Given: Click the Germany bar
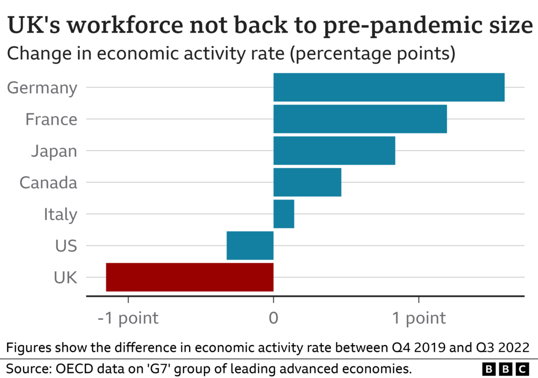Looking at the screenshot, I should click(389, 87).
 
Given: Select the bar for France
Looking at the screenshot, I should click(360, 119).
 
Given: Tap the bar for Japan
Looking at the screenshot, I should click(334, 150).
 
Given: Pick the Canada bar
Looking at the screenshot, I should click(307, 182).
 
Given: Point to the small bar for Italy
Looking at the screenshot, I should click(284, 214).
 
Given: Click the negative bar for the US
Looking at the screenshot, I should click(250, 245).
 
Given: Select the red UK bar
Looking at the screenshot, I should click(190, 277).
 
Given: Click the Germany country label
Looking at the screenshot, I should click(42, 88).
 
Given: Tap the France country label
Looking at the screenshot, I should click(51, 120).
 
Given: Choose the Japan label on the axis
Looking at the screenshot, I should click(54, 151).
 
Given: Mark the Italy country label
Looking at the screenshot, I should click(61, 214).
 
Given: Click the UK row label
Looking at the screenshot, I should click(65, 278).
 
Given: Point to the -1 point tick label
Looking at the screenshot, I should click(128, 318).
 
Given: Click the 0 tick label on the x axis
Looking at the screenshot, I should click(273, 318).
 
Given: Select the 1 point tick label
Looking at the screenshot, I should click(418, 318).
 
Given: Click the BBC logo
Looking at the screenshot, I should click(505, 368).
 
